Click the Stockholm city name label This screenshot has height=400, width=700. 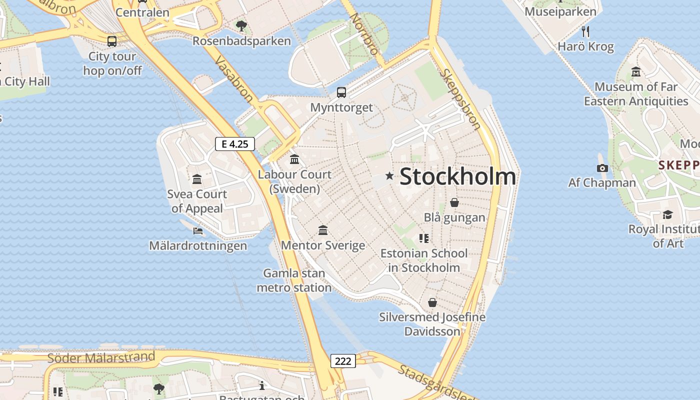click(457, 176)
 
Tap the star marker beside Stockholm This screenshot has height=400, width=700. click(389, 175)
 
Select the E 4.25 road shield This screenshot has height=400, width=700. click(235, 144)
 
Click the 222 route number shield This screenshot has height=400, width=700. click(343, 360)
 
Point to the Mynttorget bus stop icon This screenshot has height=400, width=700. click(341, 92)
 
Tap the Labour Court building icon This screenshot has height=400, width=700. click(294, 159)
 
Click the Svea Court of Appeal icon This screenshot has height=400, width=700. click(197, 179)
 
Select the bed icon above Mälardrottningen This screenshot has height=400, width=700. click(198, 231)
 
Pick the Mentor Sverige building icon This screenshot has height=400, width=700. click(323, 230)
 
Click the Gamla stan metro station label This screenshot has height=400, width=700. click(294, 280)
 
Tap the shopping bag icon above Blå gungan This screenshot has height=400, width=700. click(454, 202)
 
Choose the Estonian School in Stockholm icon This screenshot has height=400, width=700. click(424, 238)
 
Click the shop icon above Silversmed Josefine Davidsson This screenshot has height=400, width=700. click(432, 302)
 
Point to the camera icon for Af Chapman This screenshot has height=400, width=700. click(602, 168)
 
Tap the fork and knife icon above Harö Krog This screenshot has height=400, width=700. click(585, 32)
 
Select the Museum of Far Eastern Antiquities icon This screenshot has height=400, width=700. click(636, 72)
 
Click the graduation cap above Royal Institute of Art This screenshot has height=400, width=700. click(667, 215)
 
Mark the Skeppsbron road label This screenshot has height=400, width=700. click(460, 99)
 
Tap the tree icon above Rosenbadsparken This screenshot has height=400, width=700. click(241, 25)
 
